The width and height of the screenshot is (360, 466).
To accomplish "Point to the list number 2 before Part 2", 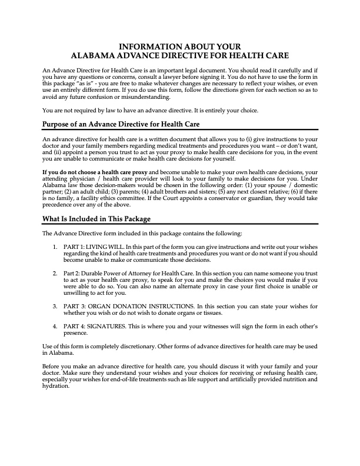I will coord(55,274).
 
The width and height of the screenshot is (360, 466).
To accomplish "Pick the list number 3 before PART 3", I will coord(55,307).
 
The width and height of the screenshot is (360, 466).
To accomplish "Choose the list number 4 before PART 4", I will coord(55,326).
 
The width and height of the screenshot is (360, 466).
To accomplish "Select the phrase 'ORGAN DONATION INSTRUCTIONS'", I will coord(137,307).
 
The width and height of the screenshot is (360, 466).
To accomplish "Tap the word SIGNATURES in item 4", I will coord(106,326).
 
